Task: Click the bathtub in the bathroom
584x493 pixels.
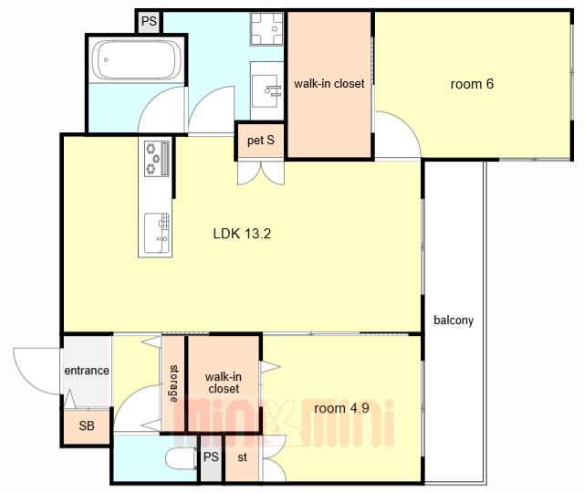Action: point(136,59)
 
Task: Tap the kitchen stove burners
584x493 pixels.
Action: point(157,159)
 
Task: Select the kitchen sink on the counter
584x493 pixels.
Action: point(157,233)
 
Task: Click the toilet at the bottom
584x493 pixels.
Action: point(181,459)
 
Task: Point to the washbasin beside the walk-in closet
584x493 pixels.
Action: point(266,91)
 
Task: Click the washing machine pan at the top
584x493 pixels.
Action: point(266,29)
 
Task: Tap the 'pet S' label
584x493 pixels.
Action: point(261,141)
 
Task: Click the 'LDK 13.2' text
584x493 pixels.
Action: point(242,234)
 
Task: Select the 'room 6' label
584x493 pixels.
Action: point(472,84)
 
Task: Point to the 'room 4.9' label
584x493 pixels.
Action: point(341,408)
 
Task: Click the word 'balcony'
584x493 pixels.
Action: point(454,320)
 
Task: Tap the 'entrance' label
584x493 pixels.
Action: point(87,371)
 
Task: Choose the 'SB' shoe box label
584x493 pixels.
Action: point(87,425)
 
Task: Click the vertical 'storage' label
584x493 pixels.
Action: point(173,383)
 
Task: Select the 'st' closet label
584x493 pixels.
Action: point(242,457)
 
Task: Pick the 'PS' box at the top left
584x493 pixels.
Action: point(149,21)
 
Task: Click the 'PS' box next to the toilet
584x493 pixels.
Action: point(211,457)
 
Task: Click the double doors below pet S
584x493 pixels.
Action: point(261,173)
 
